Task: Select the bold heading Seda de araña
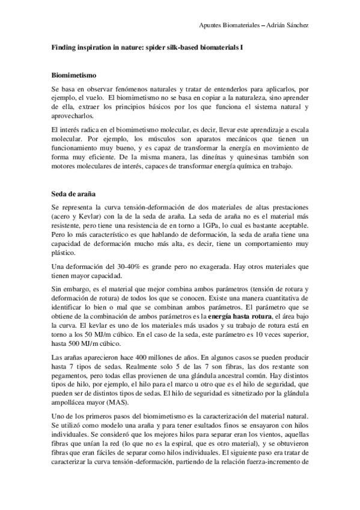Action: pyautogui.click(x=72, y=194)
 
